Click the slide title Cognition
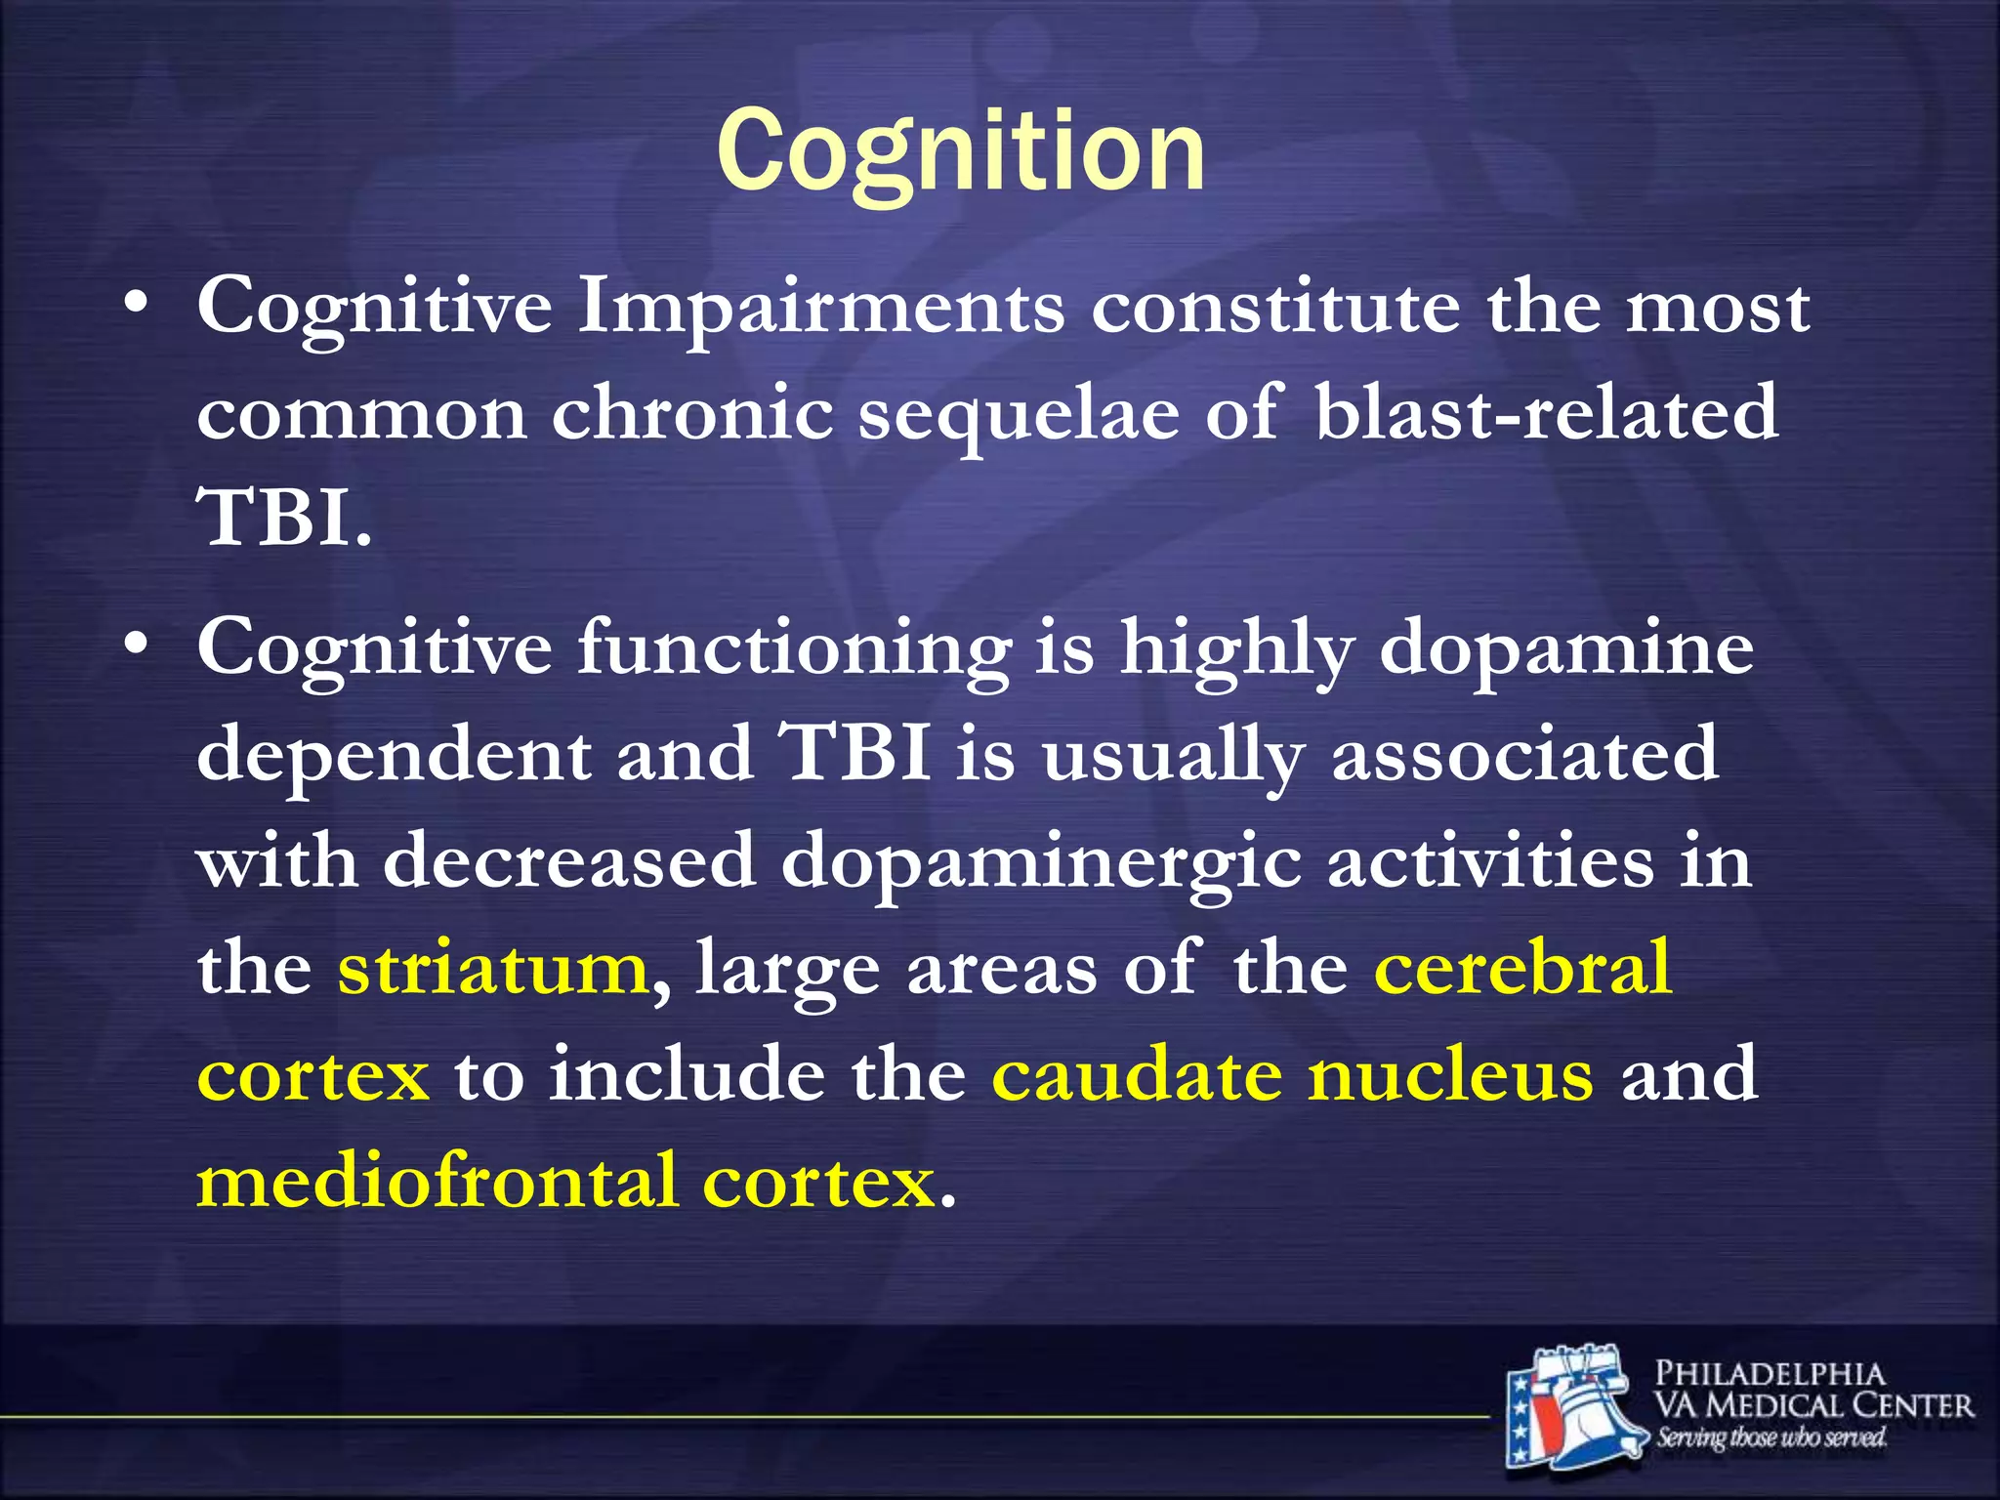coord(961,151)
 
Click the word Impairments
coord(821,309)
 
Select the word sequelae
coord(1019,414)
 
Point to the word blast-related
coord(1546,412)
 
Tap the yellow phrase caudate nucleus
coord(1293,1074)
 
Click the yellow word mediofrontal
coord(437,1181)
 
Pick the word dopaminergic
coord(1041,863)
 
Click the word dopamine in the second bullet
coord(1566,648)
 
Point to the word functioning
coord(794,650)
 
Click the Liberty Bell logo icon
coord(1572,1406)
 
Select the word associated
coord(1524,755)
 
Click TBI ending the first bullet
coord(283,519)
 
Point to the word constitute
coord(1275,309)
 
